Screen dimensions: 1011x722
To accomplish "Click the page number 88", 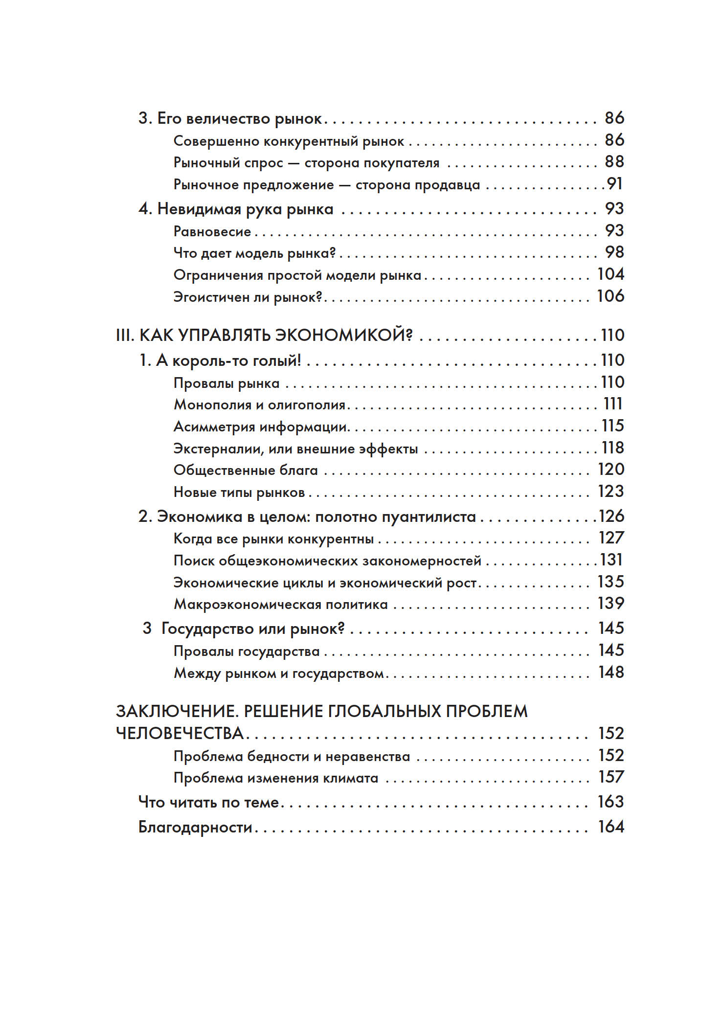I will click(614, 162).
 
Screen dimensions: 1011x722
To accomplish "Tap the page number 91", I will click(615, 184).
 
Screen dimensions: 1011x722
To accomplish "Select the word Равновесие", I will click(212, 231).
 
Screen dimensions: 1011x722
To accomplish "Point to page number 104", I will click(610, 274).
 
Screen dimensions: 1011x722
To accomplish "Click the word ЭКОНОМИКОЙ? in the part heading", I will click(344, 335).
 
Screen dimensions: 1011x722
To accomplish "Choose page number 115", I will click(613, 426).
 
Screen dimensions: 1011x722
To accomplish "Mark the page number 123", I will click(611, 491).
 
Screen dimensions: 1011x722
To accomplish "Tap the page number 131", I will click(611, 560).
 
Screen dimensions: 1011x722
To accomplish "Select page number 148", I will click(611, 672).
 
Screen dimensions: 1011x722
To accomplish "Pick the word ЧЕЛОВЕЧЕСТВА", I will click(180, 733).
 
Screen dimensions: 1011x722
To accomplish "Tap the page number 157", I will click(611, 777).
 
